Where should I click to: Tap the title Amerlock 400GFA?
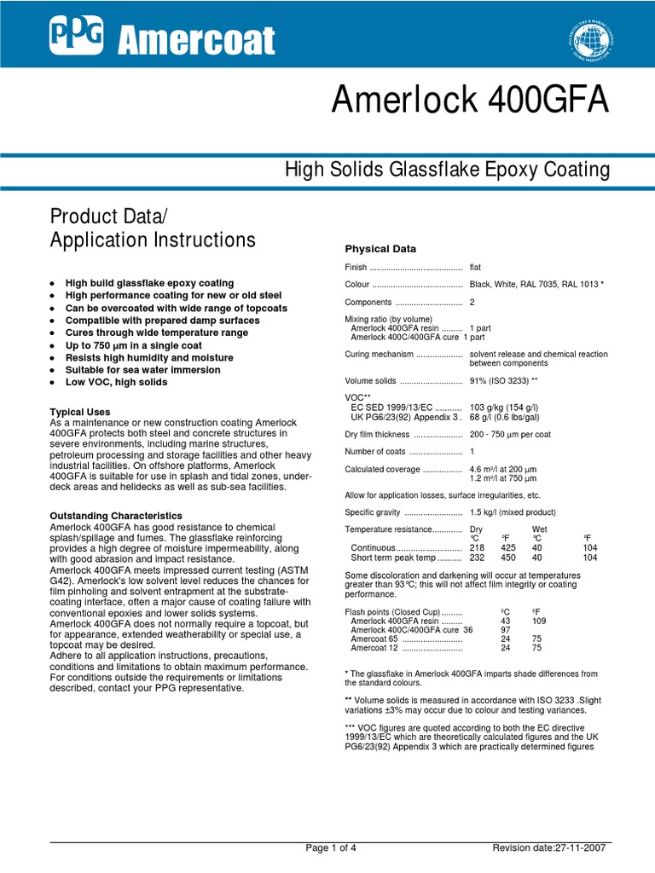pos(471,101)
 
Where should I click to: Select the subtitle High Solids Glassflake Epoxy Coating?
pos(447,170)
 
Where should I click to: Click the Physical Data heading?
pos(380,249)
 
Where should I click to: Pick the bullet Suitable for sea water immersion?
pos(142,370)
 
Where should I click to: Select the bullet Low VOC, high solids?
pos(116,382)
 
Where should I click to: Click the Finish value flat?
pos(475,268)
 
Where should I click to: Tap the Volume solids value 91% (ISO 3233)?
pos(504,381)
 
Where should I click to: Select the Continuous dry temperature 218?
pos(478,547)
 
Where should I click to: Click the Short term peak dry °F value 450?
pos(507,557)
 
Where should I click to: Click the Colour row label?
pos(356,285)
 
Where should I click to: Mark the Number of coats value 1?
pos(472,451)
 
